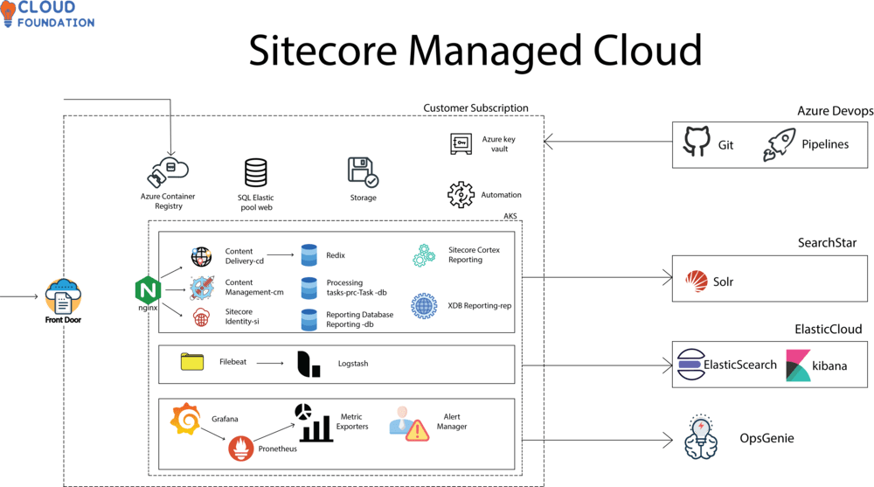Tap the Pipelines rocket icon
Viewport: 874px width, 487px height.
779,144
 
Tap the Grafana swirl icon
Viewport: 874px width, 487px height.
186,420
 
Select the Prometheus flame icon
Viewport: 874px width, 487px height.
242,449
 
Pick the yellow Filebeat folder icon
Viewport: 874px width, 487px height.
191,362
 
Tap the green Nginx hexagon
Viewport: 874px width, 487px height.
145,289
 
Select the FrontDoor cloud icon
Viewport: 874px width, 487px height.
64,297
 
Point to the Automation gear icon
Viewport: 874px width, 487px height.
460,194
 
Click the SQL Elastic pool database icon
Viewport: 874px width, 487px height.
255,172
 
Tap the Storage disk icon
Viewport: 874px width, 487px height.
362,173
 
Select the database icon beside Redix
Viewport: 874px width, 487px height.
309,255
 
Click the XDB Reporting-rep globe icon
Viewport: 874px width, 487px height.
424,306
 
